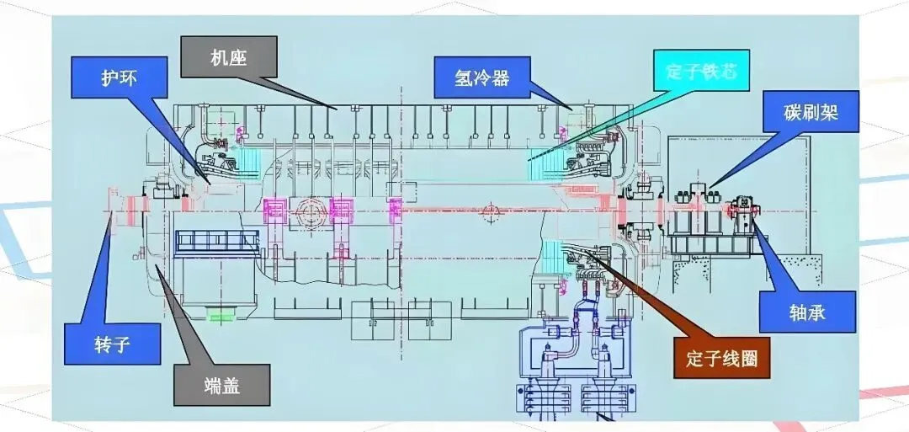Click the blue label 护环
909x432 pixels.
[119, 77]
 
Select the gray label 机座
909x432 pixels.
[229, 56]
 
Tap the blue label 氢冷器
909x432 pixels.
[482, 77]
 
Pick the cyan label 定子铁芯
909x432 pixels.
[701, 70]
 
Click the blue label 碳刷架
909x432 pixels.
[811, 111]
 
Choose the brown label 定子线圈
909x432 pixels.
[722, 358]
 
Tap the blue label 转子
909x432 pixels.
[112, 344]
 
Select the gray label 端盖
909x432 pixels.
[222, 385]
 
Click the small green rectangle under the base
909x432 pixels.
[221, 314]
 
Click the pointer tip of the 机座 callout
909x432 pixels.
[336, 108]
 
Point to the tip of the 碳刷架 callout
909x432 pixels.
[709, 187]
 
